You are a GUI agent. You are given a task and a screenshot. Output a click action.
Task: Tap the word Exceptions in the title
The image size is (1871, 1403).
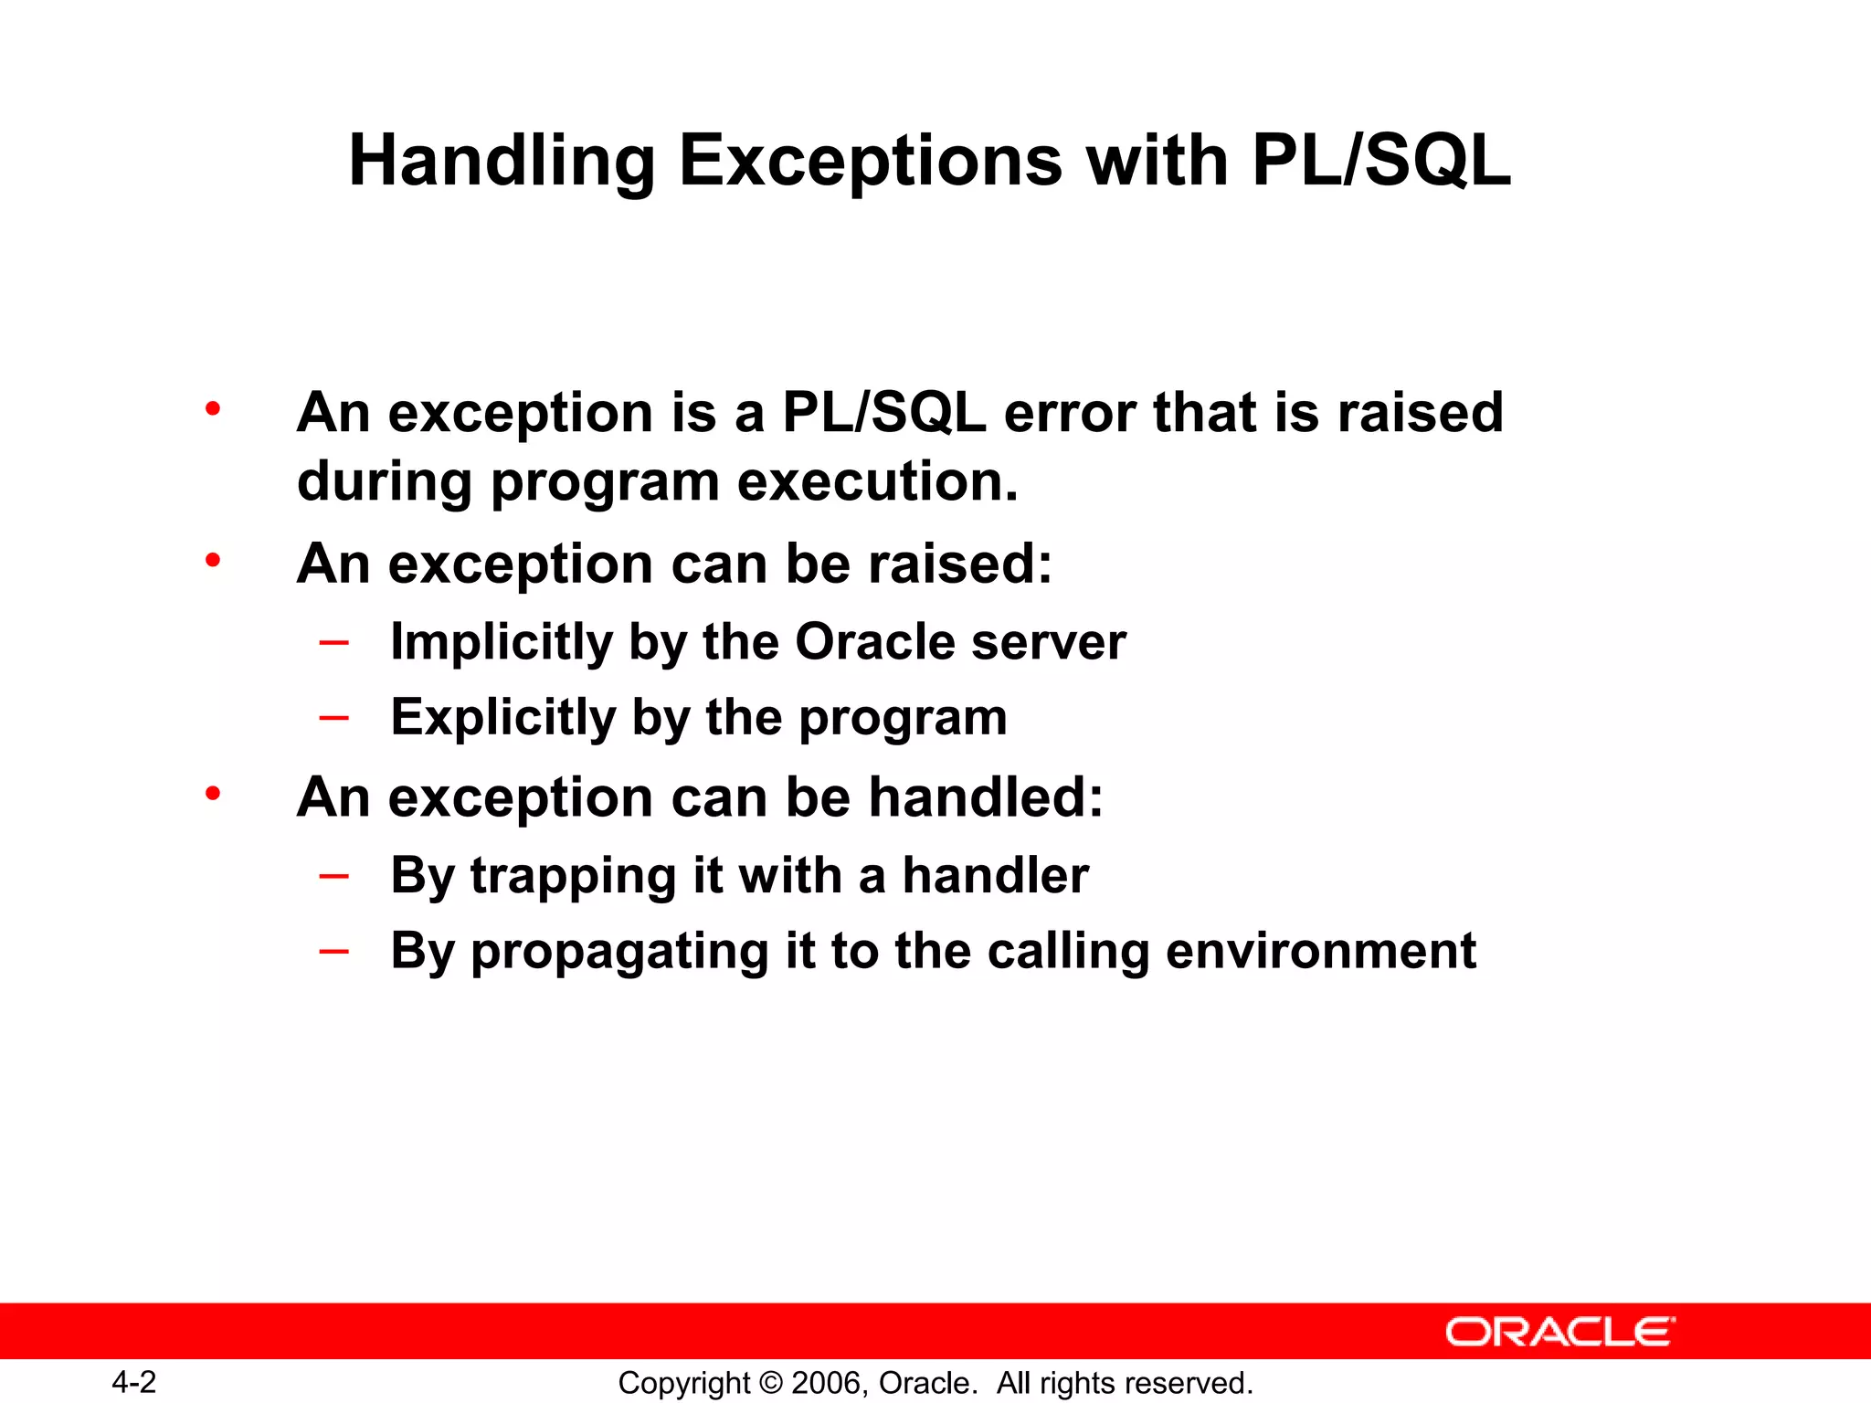coord(870,161)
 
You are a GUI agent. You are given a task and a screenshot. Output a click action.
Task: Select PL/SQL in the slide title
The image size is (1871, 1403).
coord(1381,161)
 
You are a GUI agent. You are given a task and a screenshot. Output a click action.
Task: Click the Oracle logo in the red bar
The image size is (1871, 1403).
coord(1560,1332)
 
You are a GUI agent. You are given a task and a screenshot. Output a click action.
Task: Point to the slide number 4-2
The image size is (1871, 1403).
coord(133,1382)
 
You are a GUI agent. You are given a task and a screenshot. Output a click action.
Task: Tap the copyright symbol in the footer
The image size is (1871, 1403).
coord(770,1383)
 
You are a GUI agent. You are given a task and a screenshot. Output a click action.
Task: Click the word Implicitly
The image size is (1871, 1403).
coord(501,642)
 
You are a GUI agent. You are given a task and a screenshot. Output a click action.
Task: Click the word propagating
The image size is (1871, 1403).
coord(619,952)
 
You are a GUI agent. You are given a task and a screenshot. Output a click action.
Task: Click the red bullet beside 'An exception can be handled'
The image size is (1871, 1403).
coord(213,794)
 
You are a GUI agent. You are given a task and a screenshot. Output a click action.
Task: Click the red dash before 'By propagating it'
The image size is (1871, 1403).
coord(333,951)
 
